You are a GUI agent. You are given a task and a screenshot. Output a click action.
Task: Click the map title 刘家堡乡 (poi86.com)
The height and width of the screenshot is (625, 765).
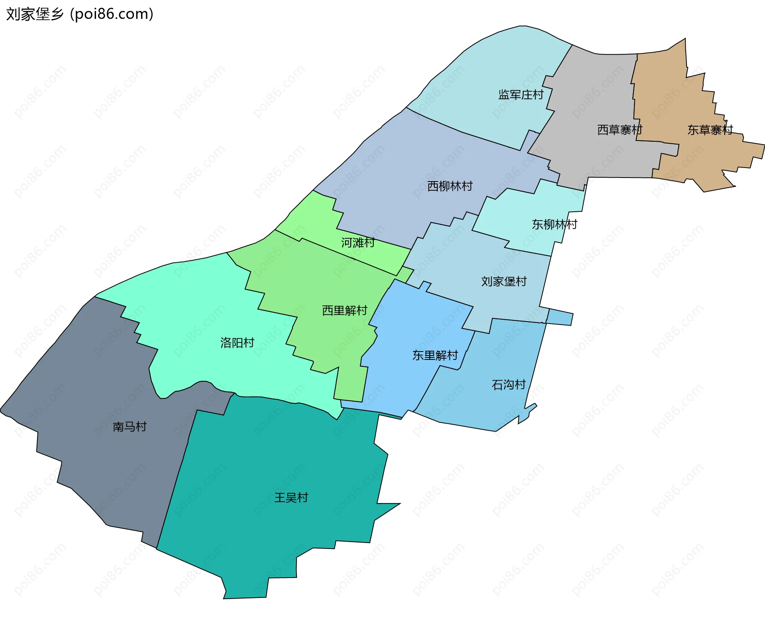pyautogui.click(x=80, y=14)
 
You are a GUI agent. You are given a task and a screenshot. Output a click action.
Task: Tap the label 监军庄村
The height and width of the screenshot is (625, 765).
pyautogui.click(x=521, y=95)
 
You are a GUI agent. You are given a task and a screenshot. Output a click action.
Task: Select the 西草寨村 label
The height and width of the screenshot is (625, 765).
pyautogui.click(x=620, y=130)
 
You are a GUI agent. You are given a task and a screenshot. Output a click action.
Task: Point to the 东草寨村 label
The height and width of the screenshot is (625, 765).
pyautogui.click(x=710, y=130)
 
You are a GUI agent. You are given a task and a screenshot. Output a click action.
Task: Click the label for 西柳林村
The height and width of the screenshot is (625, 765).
pyautogui.click(x=450, y=186)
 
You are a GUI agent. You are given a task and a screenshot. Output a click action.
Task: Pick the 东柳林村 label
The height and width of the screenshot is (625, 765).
pyautogui.click(x=554, y=225)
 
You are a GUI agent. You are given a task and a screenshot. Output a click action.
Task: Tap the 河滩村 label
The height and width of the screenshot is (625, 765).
pyautogui.click(x=358, y=242)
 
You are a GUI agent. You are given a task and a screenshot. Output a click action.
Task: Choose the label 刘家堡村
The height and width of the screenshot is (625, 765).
pyautogui.click(x=504, y=281)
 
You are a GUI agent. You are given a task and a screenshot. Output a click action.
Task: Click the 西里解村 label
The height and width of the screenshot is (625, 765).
pyautogui.click(x=345, y=311)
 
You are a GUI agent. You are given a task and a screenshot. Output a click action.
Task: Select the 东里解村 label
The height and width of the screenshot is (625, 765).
pyautogui.click(x=435, y=355)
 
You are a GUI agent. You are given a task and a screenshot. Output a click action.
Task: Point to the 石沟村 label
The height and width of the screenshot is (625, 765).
pyautogui.click(x=509, y=385)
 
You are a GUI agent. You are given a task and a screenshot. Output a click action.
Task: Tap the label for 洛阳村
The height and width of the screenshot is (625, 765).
pyautogui.click(x=237, y=343)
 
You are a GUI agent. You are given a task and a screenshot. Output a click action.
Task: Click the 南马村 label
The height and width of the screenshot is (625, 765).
pyautogui.click(x=129, y=427)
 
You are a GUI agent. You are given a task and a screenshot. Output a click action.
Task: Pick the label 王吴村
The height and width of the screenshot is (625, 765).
pyautogui.click(x=291, y=498)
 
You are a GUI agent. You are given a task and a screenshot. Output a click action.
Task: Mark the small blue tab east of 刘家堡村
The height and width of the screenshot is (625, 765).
pyautogui.click(x=560, y=318)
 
